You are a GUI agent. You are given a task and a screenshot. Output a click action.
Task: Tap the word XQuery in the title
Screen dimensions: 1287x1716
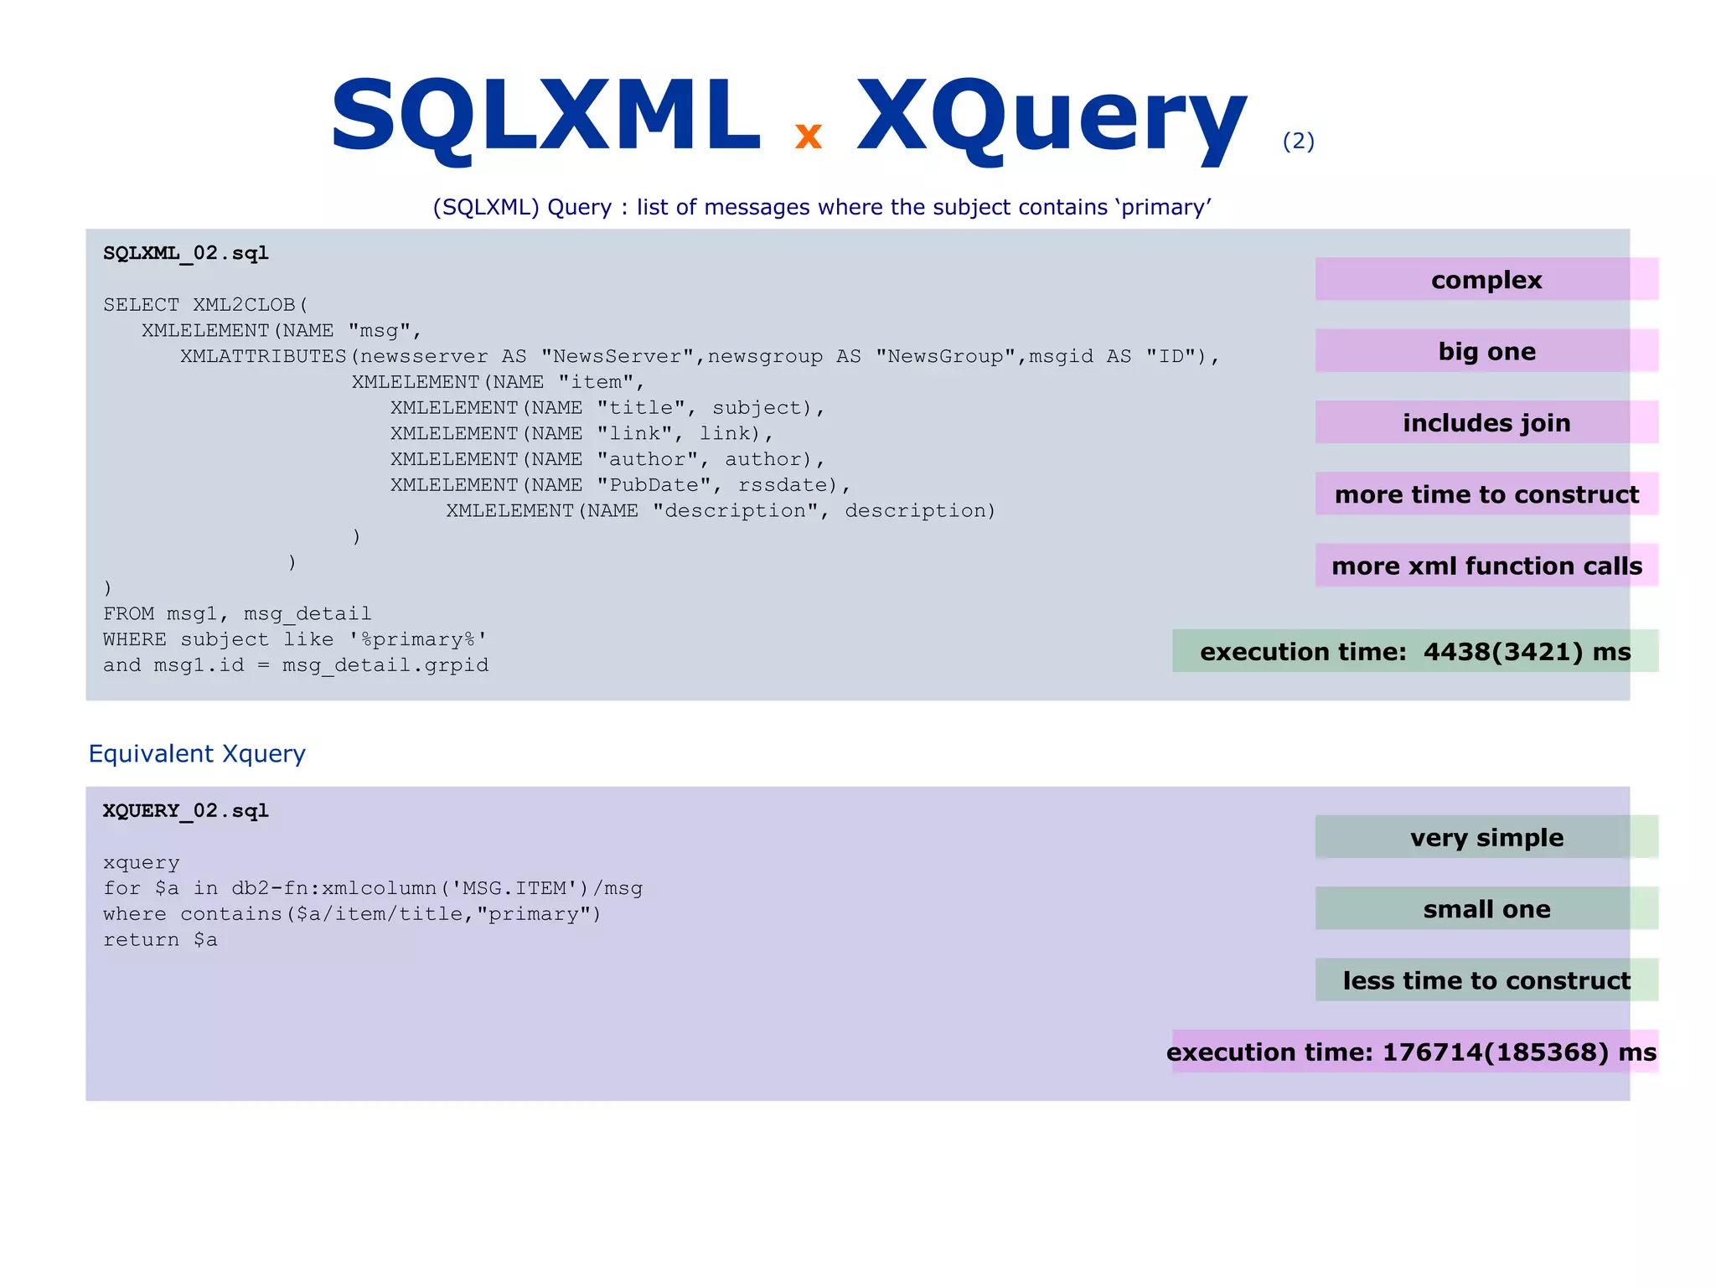(1052, 117)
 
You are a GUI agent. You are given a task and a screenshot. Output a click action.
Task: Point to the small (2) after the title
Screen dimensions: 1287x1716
(1298, 141)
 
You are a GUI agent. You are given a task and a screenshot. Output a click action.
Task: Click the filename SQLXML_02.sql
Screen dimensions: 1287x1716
(185, 253)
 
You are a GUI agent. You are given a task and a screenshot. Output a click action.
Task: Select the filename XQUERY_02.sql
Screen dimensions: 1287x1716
(185, 810)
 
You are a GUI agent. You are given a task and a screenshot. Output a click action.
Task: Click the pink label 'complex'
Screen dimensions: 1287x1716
(1486, 280)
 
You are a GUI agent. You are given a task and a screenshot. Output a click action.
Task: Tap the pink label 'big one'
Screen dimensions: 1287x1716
(1486, 351)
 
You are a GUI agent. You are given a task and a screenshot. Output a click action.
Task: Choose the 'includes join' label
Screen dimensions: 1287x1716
(1486, 422)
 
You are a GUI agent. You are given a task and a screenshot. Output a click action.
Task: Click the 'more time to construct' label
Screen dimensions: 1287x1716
(1486, 494)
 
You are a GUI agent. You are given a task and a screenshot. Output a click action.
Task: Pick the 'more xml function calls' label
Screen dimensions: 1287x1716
(1486, 566)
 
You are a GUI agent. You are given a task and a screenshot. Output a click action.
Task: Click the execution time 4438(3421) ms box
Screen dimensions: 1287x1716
(1414, 651)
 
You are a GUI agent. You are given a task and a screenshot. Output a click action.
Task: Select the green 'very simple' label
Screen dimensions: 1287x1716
(1486, 837)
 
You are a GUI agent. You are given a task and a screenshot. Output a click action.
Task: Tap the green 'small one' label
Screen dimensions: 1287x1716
(1486, 908)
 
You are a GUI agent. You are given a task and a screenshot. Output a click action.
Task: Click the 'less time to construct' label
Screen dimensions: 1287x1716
(1486, 979)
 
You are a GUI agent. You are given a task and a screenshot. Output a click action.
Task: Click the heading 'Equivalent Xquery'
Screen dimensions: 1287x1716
(197, 753)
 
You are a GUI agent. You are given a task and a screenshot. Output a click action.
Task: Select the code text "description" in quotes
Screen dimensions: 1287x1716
(735, 511)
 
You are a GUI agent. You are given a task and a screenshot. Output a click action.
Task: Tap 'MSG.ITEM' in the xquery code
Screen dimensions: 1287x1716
(514, 888)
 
